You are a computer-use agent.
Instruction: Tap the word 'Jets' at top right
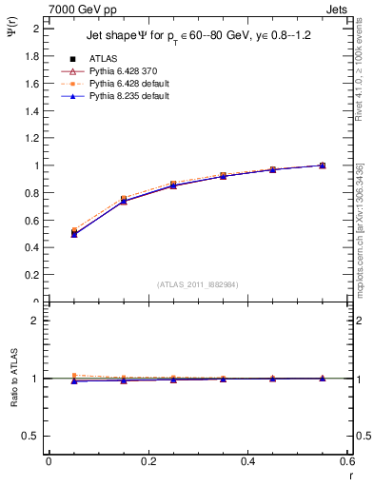point(337,9)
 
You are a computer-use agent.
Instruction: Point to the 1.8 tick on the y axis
point(32,56)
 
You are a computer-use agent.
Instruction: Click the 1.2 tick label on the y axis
point(32,138)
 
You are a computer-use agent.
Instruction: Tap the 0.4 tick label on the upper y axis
point(32,248)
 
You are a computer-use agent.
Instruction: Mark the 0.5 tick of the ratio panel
point(33,436)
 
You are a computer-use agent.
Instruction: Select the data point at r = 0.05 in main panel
point(73,232)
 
